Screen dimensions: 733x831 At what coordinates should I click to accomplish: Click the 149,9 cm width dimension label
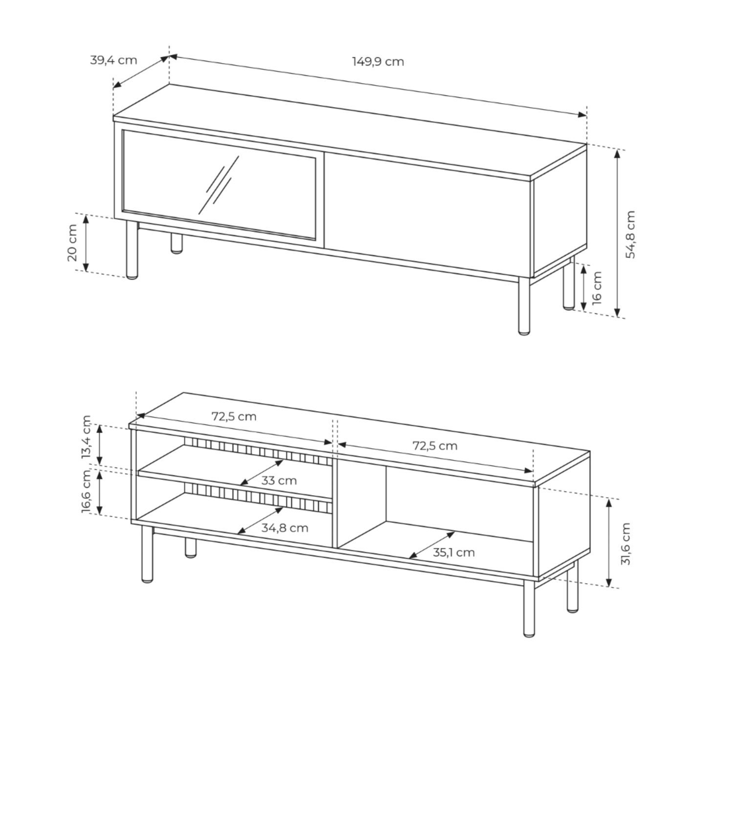378,62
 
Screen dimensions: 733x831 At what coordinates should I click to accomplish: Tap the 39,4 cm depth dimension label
113,60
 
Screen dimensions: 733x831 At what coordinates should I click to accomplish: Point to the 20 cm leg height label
72,242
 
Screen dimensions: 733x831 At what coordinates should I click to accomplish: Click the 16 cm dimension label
597,288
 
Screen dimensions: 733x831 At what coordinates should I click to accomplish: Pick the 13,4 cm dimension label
86,437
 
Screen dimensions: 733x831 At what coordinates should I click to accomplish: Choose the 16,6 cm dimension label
86,491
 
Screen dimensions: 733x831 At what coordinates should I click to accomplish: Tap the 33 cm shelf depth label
279,481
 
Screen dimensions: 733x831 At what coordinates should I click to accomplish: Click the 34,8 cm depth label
284,528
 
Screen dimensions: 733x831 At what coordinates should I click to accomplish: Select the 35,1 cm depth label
453,552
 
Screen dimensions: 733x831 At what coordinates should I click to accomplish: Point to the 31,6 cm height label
626,544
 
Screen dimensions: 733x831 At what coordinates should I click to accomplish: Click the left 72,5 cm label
234,416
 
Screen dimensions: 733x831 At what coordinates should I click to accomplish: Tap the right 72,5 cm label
435,446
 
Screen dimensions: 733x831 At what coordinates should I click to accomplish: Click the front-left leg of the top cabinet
132,250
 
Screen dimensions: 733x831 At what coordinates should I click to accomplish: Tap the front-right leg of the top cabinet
524,306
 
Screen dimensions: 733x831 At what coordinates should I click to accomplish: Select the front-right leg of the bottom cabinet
529,608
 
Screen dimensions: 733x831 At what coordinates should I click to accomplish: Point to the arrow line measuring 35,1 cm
432,545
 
